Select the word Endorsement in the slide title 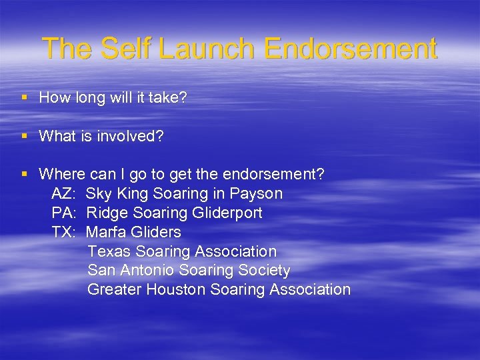tap(350, 49)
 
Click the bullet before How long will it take tap(25, 98)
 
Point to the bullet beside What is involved tap(25, 136)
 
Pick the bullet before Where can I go tap(25, 175)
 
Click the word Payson tap(256, 194)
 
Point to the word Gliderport tap(227, 213)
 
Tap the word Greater tap(114, 290)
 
